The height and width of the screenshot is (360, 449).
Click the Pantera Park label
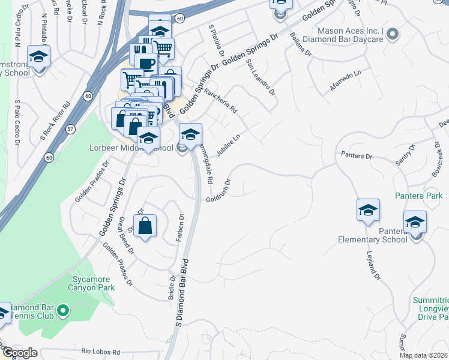click(418, 196)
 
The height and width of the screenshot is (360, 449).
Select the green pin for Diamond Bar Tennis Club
click(64, 311)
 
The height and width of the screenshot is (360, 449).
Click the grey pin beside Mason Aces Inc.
click(393, 34)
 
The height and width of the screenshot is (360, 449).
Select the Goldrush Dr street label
click(220, 190)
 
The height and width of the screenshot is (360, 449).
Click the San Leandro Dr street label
click(260, 78)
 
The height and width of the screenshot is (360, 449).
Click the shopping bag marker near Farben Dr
click(145, 226)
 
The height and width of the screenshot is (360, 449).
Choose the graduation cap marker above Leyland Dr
click(368, 211)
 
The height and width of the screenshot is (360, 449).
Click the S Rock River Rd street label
click(56, 120)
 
